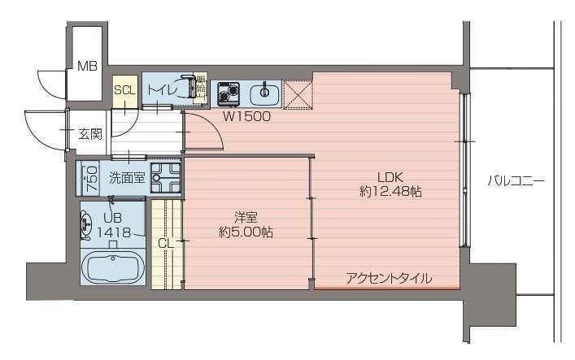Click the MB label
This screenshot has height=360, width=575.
87,67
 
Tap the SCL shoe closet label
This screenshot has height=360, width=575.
124,90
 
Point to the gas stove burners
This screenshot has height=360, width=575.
226,93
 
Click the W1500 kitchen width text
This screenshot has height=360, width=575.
247,115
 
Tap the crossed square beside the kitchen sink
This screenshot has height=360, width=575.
298,93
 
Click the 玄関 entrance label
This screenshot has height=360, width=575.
90,134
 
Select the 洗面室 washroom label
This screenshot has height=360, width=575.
128,177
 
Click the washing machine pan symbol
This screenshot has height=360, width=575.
166,178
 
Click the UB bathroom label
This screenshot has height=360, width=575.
112,217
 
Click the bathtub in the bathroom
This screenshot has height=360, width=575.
114,267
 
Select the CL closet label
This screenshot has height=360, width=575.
165,242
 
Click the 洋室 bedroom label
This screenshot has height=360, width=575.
246,217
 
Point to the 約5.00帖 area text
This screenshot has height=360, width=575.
246,232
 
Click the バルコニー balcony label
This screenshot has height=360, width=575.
516,180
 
